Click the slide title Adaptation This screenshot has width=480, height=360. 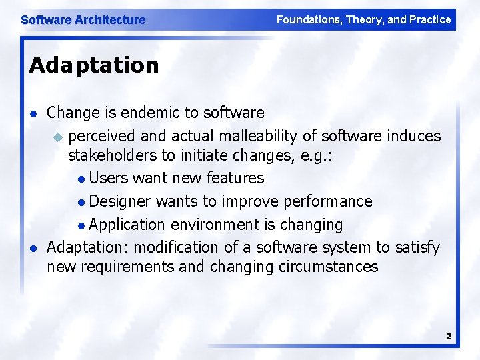94,65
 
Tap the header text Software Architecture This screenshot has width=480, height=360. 83,20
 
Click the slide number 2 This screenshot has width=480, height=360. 449,337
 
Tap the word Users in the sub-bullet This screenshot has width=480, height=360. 109,178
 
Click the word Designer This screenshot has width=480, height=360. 121,201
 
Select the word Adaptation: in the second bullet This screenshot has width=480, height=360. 88,247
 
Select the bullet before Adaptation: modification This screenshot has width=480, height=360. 33,248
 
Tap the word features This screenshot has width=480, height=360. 235,178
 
